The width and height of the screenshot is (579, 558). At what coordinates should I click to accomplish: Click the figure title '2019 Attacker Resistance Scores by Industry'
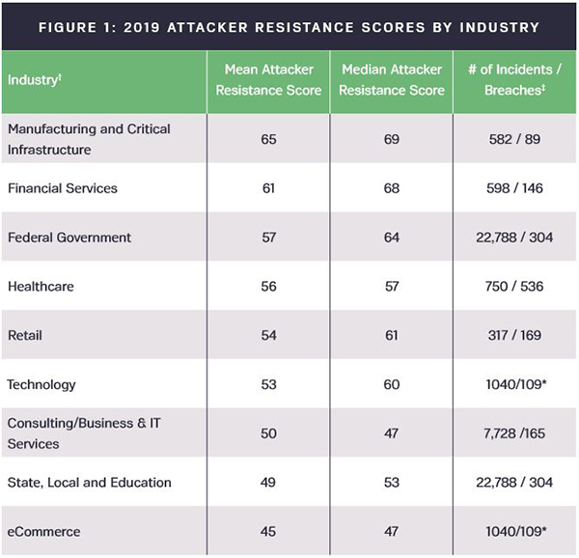pos(289,26)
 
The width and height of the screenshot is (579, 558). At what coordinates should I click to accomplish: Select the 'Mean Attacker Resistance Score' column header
pos(268,79)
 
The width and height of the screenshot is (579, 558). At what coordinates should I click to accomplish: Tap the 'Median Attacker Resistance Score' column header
pos(391,79)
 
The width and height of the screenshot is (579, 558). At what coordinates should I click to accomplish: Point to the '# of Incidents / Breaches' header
pos(514,79)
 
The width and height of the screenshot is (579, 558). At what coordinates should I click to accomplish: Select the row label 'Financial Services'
pos(62,188)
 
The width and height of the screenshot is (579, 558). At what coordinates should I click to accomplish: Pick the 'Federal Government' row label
pos(69,237)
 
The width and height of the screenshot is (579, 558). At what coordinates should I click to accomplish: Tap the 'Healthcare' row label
pos(41,287)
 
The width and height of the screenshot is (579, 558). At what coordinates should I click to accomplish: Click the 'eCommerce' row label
pos(43,532)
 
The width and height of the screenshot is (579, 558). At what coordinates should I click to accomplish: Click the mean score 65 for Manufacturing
pos(268,139)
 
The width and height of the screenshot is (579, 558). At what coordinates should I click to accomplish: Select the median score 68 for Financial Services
pos(391,188)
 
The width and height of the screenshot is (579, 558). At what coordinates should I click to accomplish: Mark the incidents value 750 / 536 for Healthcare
pos(514,287)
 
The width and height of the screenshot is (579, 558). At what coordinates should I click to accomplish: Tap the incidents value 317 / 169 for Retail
pos(514,336)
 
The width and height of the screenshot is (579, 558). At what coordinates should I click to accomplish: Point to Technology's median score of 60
pos(391,385)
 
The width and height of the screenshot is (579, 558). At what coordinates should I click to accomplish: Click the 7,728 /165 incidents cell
pos(514,434)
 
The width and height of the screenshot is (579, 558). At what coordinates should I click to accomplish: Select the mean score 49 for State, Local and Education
pos(268,483)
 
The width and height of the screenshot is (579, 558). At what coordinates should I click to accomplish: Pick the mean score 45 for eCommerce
pos(268,532)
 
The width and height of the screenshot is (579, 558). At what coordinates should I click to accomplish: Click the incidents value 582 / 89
pos(514,139)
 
